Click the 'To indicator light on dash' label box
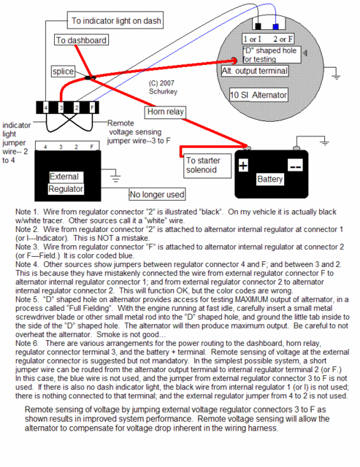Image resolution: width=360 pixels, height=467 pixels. (115, 20)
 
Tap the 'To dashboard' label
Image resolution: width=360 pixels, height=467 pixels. (81, 40)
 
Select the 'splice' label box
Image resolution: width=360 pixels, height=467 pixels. (63, 72)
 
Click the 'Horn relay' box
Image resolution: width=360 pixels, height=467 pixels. (166, 112)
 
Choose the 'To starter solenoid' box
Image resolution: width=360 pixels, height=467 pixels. (207, 166)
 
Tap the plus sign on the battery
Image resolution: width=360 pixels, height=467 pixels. (243, 165)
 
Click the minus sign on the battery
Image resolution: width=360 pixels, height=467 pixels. (295, 166)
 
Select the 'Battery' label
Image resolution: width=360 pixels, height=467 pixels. (269, 180)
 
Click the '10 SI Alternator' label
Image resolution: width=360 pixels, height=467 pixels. (258, 95)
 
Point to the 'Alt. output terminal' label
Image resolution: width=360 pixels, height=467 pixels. (255, 72)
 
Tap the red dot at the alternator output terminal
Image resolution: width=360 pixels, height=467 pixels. (234, 61)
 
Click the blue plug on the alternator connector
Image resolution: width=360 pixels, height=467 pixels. (276, 27)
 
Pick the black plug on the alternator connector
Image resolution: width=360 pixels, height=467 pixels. (258, 26)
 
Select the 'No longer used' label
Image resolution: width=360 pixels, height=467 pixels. (157, 194)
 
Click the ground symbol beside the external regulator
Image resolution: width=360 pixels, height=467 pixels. (115, 177)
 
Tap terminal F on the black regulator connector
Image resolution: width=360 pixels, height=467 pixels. (92, 107)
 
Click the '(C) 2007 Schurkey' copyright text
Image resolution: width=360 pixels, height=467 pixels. (163, 88)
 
